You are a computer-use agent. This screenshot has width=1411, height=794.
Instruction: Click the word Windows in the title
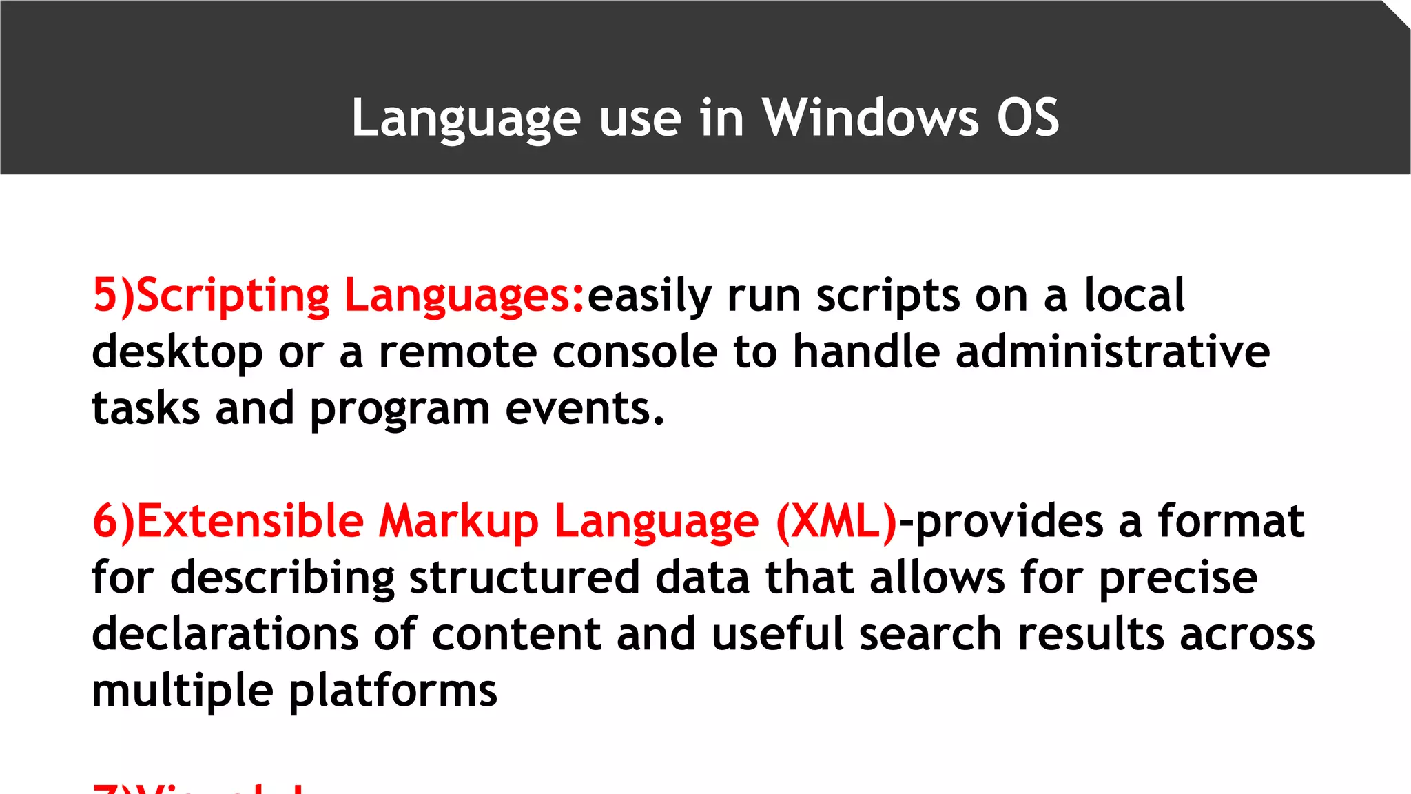tap(870, 117)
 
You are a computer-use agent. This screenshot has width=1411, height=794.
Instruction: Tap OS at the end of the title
tap(1027, 117)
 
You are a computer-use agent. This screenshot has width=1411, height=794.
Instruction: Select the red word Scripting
tap(233, 296)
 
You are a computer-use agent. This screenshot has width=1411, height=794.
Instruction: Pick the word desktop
tap(177, 353)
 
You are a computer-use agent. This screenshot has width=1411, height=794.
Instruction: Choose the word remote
tap(457, 352)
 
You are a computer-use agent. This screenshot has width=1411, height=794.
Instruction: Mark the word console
tap(634, 352)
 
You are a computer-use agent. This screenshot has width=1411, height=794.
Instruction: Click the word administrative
tap(1112, 352)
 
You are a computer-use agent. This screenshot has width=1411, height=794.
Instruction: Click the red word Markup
tap(459, 522)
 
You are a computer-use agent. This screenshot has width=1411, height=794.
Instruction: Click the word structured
tap(524, 578)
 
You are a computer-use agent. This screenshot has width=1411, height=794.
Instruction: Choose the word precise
tap(1177, 578)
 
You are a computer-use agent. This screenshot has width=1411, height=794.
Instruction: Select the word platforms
tap(392, 691)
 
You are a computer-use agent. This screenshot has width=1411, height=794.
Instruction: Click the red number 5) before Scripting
tap(114, 296)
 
